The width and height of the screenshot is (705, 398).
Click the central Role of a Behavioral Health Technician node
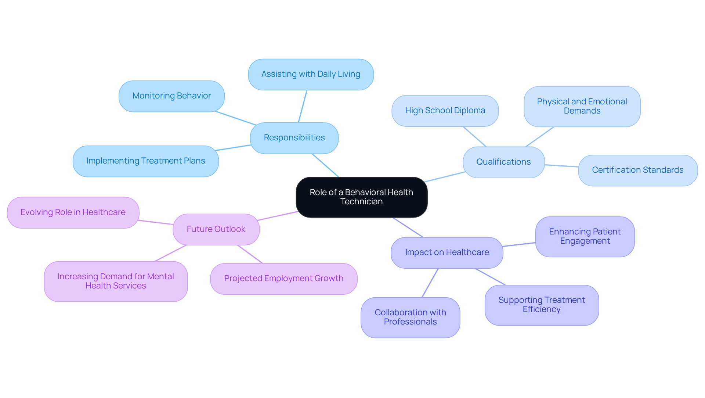coord(361,197)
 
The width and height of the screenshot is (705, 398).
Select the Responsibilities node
coord(294,138)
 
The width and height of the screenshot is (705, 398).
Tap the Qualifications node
coord(503,162)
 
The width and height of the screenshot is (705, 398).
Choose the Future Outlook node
coord(216,229)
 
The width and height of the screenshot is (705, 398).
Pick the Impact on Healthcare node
coord(447,252)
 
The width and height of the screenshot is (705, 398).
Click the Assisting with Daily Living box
coord(311,74)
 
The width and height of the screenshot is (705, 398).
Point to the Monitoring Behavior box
coord(171,96)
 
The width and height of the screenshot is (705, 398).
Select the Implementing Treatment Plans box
coord(146,161)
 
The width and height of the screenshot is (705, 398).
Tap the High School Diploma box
coord(445,111)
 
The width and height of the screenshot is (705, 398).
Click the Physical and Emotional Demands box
coord(582,106)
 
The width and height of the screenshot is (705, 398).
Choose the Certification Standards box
coord(637,170)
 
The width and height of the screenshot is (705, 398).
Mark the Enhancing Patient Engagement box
coord(585,236)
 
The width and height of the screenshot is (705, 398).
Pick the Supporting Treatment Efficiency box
coord(542,305)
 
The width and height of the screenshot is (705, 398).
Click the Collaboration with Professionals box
coord(410,317)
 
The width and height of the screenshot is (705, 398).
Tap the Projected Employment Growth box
coord(283,279)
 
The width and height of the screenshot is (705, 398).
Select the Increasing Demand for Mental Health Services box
coord(116,281)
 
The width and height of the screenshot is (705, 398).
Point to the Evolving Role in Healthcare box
coord(73,212)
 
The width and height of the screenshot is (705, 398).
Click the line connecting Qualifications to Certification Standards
coord(561,166)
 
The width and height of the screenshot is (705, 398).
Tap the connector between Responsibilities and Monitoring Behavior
coord(235,118)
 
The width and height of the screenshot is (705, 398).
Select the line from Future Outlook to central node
coord(278,216)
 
